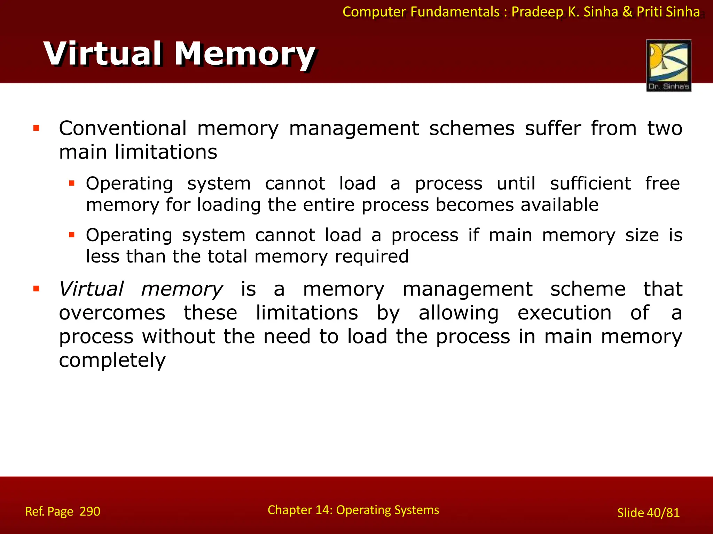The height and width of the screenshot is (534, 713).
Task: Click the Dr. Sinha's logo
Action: [668, 65]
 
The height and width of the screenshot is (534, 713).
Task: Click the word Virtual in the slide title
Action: [103, 54]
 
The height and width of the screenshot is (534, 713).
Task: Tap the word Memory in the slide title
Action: [244, 54]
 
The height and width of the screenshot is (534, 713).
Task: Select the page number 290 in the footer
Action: [90, 511]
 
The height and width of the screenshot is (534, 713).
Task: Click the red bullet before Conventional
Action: [36, 128]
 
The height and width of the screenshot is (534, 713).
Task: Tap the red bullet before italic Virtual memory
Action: [36, 289]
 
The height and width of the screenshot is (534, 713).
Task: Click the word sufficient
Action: [590, 184]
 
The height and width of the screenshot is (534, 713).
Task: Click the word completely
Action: [112, 360]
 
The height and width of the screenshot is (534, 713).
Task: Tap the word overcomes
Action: [112, 313]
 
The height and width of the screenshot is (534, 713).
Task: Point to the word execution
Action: [564, 313]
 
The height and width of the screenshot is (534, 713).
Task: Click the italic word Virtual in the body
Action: [91, 289]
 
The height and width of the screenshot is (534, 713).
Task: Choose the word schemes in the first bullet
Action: [472, 128]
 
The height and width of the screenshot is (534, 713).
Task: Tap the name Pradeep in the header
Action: [538, 12]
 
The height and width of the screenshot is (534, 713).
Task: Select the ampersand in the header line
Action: [627, 12]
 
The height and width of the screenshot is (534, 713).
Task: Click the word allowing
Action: [459, 313]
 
